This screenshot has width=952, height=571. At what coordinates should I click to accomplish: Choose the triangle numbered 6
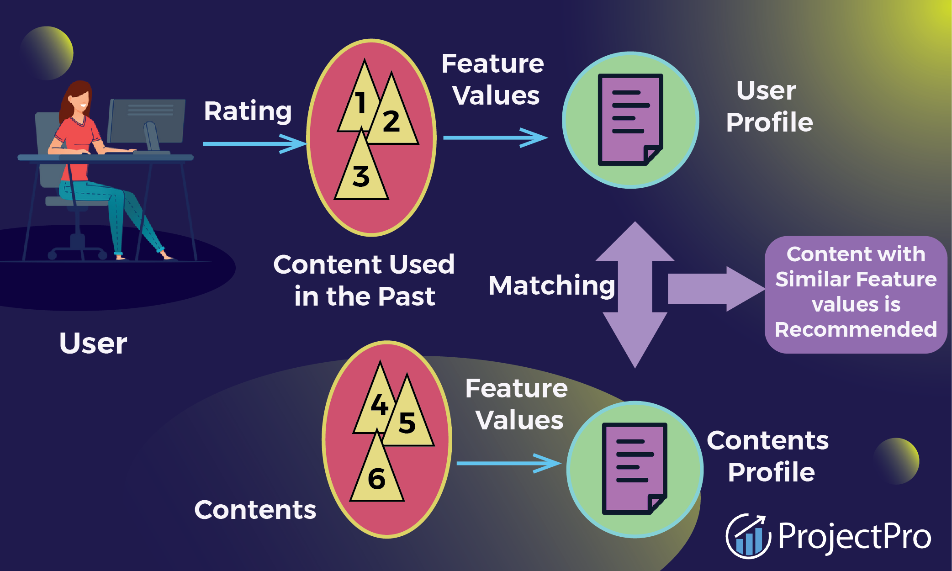(x=377, y=478)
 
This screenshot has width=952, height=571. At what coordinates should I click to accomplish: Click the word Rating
(x=248, y=111)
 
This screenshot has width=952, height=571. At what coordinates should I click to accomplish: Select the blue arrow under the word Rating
(x=254, y=143)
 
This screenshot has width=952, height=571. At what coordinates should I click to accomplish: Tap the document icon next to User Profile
(x=630, y=120)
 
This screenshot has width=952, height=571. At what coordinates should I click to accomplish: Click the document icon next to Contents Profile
(x=635, y=469)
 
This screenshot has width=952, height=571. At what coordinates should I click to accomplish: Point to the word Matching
(x=552, y=286)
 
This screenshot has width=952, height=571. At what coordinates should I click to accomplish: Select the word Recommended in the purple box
(x=856, y=329)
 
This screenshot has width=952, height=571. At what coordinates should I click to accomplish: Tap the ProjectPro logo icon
(x=748, y=536)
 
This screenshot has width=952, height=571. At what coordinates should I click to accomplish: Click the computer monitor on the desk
(x=147, y=121)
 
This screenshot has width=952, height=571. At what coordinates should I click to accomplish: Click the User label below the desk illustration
(x=93, y=344)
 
